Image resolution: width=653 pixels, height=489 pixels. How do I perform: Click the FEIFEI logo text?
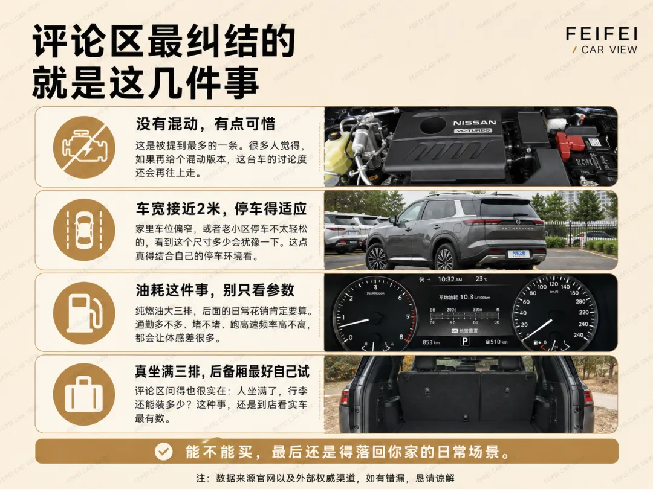click(x=602, y=34)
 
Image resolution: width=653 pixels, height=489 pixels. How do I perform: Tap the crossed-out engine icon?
click(x=84, y=147)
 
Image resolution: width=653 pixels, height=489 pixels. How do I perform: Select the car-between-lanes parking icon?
click(x=84, y=230)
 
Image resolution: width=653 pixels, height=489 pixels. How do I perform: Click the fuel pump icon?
click(x=84, y=313)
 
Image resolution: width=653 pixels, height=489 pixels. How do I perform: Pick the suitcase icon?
click(x=84, y=394)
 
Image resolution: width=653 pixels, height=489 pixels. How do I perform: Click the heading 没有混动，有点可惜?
click(x=206, y=124)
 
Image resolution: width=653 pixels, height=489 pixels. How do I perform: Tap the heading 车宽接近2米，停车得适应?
click(x=221, y=208)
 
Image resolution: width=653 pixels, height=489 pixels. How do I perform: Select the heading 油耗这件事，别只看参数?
click(x=215, y=290)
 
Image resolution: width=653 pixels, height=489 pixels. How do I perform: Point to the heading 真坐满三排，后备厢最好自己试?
click(x=222, y=371)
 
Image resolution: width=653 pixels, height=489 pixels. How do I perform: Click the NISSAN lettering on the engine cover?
click(x=475, y=123)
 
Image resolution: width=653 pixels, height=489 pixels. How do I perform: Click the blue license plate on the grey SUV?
click(x=519, y=254)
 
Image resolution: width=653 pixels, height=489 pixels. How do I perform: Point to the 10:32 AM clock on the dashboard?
click(x=450, y=280)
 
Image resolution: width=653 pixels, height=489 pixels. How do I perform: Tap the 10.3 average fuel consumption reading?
click(x=466, y=297)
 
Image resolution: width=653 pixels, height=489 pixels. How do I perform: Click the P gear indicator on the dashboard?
click(x=465, y=341)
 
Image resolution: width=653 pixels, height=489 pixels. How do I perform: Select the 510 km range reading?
click(x=497, y=342)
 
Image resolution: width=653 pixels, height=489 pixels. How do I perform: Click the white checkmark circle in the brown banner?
click(x=163, y=452)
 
